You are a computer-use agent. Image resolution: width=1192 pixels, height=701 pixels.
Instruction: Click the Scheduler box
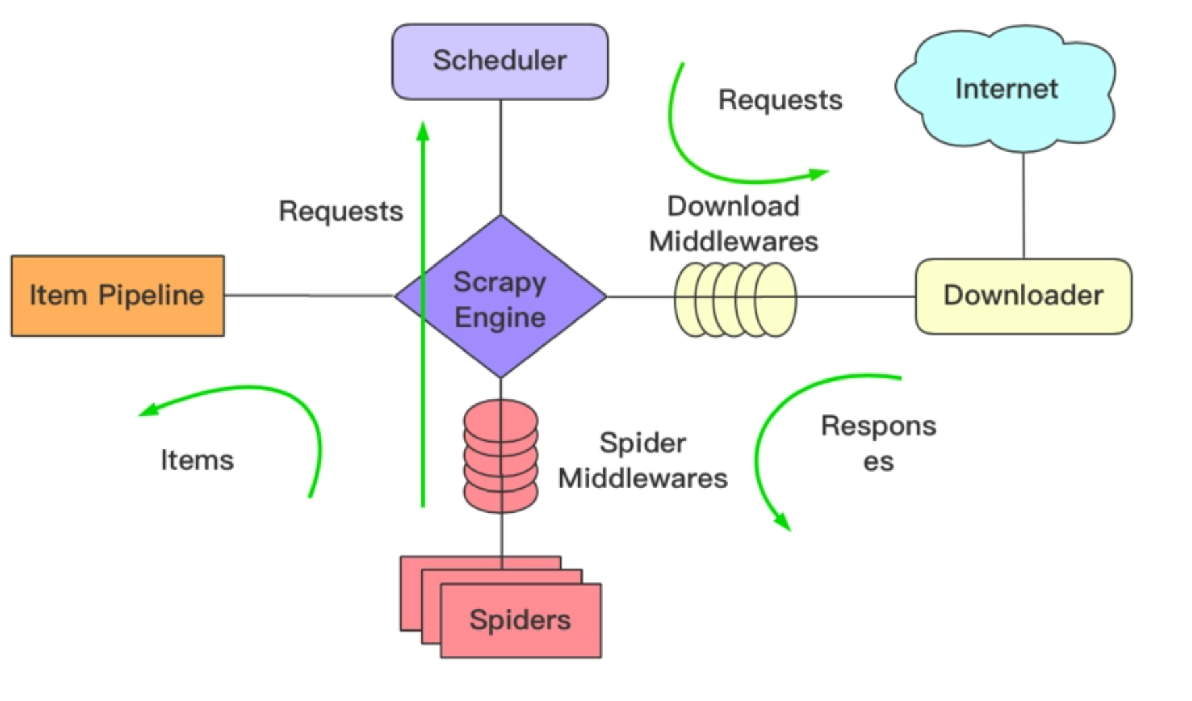click(x=500, y=61)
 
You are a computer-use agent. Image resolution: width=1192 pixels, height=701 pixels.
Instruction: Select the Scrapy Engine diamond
click(x=500, y=297)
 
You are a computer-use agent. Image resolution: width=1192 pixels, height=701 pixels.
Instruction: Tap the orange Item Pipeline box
click(x=117, y=296)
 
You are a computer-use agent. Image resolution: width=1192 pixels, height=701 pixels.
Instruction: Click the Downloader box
click(x=1023, y=296)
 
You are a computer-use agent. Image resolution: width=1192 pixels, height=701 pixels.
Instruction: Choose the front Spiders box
click(x=520, y=620)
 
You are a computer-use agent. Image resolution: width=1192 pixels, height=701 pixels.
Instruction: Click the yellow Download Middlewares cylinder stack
click(x=736, y=299)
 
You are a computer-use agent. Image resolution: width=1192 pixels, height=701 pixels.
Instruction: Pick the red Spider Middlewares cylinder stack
click(x=501, y=456)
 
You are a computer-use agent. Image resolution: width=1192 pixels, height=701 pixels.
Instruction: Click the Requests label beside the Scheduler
click(x=780, y=100)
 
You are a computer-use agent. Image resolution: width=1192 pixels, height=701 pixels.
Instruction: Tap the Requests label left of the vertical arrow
click(x=341, y=211)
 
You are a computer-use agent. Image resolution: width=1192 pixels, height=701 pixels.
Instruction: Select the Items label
click(x=197, y=460)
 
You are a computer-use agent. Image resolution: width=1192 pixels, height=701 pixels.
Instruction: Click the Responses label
click(x=878, y=443)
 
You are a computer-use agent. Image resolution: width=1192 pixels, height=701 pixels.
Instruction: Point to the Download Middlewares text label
click(x=734, y=223)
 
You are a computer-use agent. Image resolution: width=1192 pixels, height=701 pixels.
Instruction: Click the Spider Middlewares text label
click(x=643, y=460)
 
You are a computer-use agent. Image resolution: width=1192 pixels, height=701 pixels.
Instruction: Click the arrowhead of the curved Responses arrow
click(x=783, y=522)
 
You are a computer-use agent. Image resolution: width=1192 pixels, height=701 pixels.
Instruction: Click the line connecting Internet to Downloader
click(x=1023, y=206)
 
